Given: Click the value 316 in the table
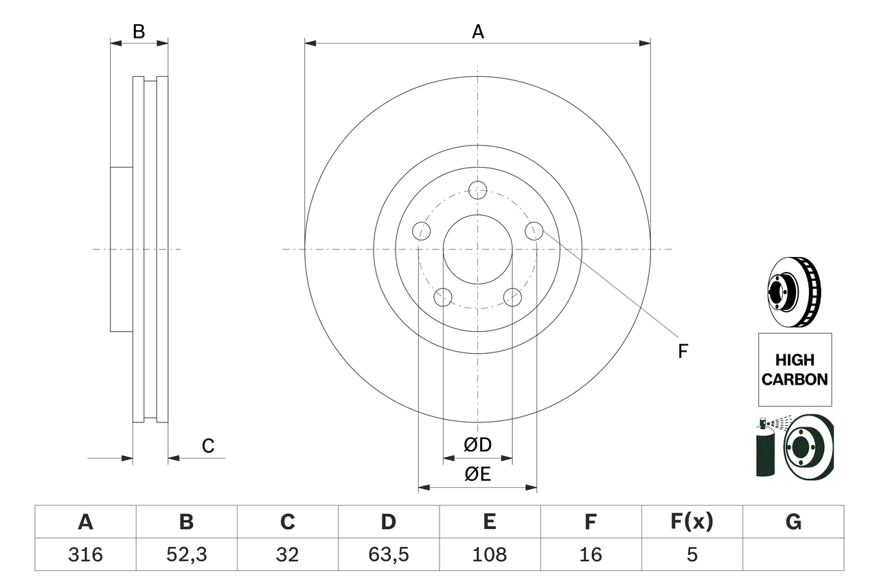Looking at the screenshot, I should coord(85,554).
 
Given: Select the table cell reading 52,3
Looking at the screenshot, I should coord(186,554).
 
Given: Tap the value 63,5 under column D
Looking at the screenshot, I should coord(388,554).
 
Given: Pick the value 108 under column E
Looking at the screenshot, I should coord(489,554).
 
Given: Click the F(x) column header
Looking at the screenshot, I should coord(692,522).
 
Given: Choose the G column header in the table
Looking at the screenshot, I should coord(793,522).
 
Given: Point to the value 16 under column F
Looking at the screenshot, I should coord(590,554).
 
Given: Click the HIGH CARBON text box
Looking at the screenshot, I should coord(795,370).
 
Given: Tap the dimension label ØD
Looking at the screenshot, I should coord(478,445).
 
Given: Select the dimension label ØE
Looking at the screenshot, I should coord(478,475).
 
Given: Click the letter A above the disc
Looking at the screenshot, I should coord(478,32).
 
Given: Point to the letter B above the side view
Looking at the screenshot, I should coord(139,32).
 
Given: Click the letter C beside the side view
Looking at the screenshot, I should coord(208,446).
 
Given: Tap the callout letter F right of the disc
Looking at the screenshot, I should coord(683,352).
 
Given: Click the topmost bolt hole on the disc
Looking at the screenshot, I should coord(477,190).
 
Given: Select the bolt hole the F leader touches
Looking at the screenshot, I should coord(534,231).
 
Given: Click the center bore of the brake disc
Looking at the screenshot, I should coord(477,249).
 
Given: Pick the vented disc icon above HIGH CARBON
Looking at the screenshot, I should coord(794,292).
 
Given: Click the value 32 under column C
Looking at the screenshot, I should coord(287,554).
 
